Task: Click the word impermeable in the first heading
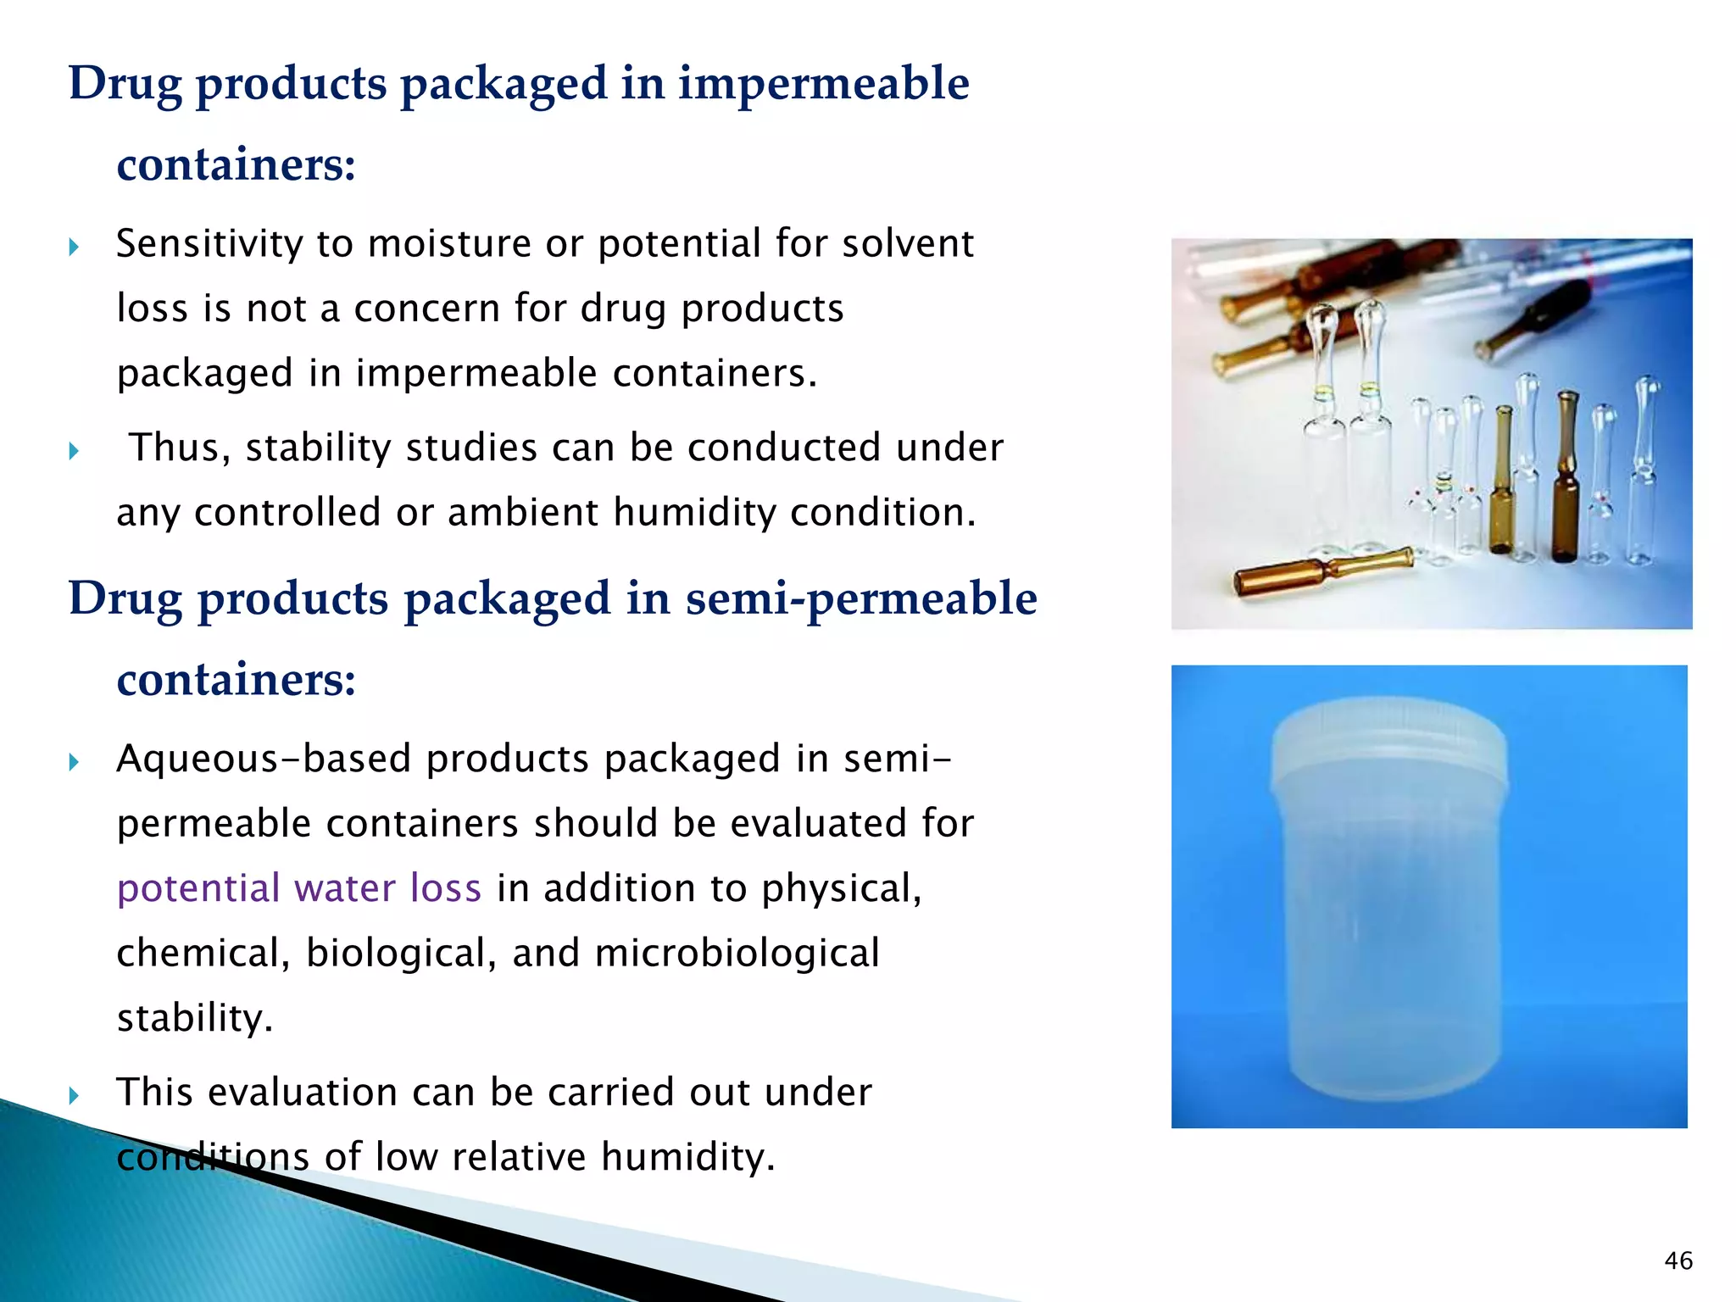click(822, 84)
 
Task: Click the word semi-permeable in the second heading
click(860, 599)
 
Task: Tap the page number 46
click(1678, 1260)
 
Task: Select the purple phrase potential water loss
click(298, 888)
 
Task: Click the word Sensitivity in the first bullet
click(209, 244)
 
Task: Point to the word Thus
click(179, 448)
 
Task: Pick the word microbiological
click(737, 954)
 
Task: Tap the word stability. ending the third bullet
click(195, 1018)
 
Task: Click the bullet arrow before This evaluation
click(74, 1095)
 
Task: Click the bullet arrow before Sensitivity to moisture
click(74, 247)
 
